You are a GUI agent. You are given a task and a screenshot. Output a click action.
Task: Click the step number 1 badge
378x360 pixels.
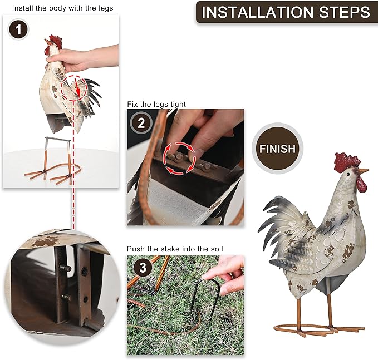tap(18, 29)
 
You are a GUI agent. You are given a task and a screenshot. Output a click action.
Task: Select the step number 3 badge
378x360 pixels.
tap(143, 268)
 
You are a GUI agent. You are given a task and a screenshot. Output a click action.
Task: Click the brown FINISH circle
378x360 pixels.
tap(277, 149)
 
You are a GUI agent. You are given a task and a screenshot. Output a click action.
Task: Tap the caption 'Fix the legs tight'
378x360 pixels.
tap(156, 104)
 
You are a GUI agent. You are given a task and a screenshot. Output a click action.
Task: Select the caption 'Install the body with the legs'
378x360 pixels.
tap(62, 8)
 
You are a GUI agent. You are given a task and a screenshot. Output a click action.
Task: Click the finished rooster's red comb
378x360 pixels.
tap(347, 161)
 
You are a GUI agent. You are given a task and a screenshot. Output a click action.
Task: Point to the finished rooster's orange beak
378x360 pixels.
tap(363, 170)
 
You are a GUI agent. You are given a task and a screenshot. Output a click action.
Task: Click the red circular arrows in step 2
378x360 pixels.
tap(179, 159)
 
